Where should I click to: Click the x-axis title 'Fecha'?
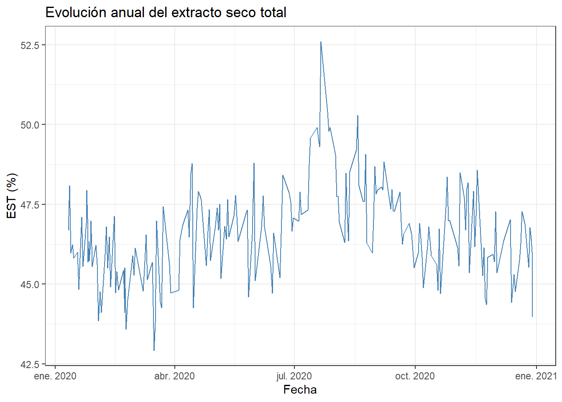coord(300,390)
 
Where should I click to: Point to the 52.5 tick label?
coord(30,45)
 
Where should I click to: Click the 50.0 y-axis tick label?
coord(30,125)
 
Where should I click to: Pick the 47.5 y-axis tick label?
coord(30,205)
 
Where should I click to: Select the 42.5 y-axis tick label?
coord(30,364)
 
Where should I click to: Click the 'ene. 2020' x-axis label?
coord(55,376)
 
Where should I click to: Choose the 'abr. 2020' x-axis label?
coord(174,376)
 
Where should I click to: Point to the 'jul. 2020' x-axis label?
coord(294,376)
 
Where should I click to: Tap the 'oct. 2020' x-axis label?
coord(415,376)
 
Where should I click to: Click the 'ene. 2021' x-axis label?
coord(536,376)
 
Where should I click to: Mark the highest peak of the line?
coord(321,42)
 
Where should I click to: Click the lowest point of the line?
coord(154,350)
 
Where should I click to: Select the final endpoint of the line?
coord(532,317)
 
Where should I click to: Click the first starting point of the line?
coord(69,230)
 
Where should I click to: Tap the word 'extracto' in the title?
coord(197,13)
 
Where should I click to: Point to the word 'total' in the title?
coord(273,13)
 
